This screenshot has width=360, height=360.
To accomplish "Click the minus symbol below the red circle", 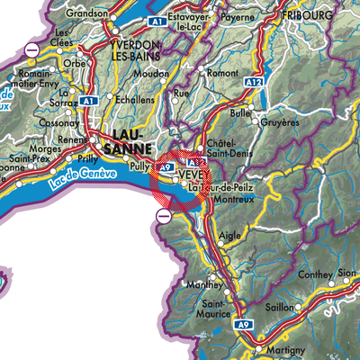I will [164, 216].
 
